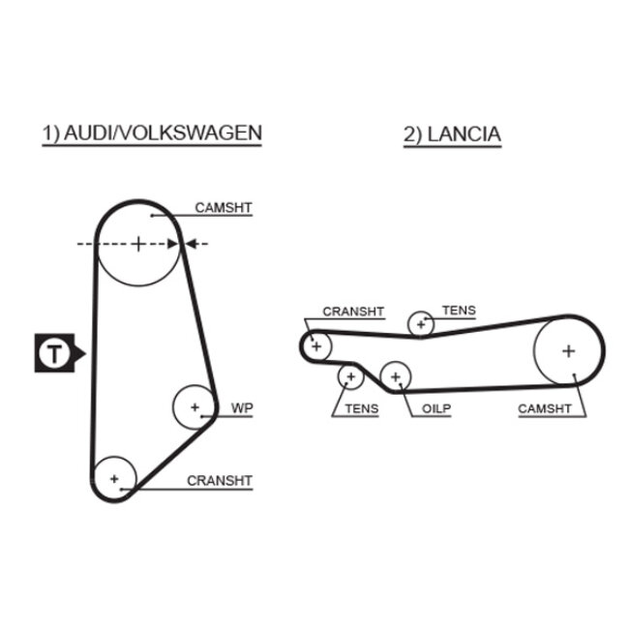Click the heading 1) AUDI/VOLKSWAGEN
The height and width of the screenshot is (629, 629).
151,133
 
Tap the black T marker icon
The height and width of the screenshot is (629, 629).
56,353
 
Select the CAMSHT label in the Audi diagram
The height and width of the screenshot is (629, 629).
223,207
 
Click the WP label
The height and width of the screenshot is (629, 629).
241,408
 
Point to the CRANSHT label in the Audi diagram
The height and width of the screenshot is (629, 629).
219,480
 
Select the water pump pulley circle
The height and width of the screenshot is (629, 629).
195,407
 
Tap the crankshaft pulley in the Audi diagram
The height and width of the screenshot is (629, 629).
114,478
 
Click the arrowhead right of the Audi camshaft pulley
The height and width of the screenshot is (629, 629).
189,244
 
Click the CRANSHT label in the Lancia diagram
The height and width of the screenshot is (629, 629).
353,312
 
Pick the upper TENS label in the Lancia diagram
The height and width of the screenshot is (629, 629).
459,311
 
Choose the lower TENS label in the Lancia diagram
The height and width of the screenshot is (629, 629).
361,408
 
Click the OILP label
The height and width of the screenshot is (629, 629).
435,408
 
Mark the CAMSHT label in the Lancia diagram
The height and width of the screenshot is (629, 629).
548,408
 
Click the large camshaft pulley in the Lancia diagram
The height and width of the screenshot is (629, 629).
568,350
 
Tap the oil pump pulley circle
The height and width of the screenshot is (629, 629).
395,375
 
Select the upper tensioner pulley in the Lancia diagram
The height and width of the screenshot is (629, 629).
420,323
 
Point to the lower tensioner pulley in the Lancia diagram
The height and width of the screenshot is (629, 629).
348,377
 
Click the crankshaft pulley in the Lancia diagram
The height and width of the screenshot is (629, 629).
315,344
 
